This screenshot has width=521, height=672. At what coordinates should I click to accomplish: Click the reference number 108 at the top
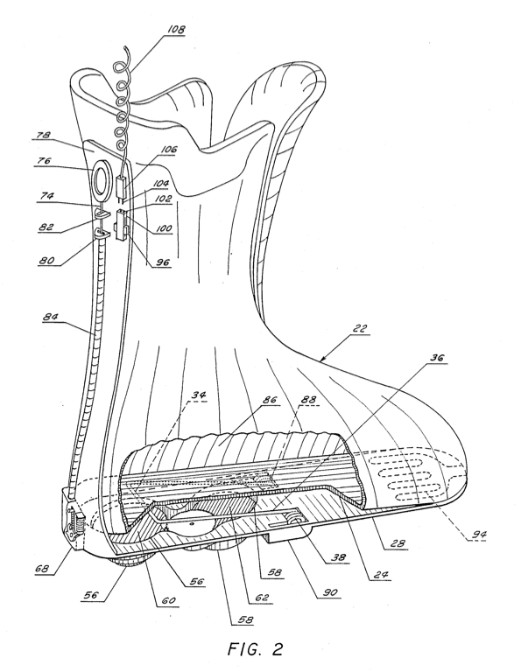click(176, 29)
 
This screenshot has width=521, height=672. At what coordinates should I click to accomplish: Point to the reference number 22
click(360, 329)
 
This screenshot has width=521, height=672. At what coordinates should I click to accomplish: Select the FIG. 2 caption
click(255, 648)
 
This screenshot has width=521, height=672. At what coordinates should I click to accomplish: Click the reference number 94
click(479, 534)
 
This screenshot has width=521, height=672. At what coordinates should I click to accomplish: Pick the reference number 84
click(50, 318)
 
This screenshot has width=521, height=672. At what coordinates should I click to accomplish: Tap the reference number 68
click(43, 569)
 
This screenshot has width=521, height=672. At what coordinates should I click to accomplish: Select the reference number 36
click(437, 358)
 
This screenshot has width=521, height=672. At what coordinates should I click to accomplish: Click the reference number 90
click(331, 593)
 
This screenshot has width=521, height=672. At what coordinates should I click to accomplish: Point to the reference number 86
click(270, 401)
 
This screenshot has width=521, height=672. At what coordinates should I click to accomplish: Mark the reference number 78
click(42, 135)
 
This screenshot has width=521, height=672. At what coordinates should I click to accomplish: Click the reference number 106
click(169, 149)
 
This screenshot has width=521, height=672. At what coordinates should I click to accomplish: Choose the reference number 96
click(162, 262)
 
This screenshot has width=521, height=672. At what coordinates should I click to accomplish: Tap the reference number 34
click(198, 395)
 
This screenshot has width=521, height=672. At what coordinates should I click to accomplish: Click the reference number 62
click(261, 597)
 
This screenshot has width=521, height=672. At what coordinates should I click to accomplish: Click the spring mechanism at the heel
click(75, 521)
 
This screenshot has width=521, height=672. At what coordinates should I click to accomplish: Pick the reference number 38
click(337, 557)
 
